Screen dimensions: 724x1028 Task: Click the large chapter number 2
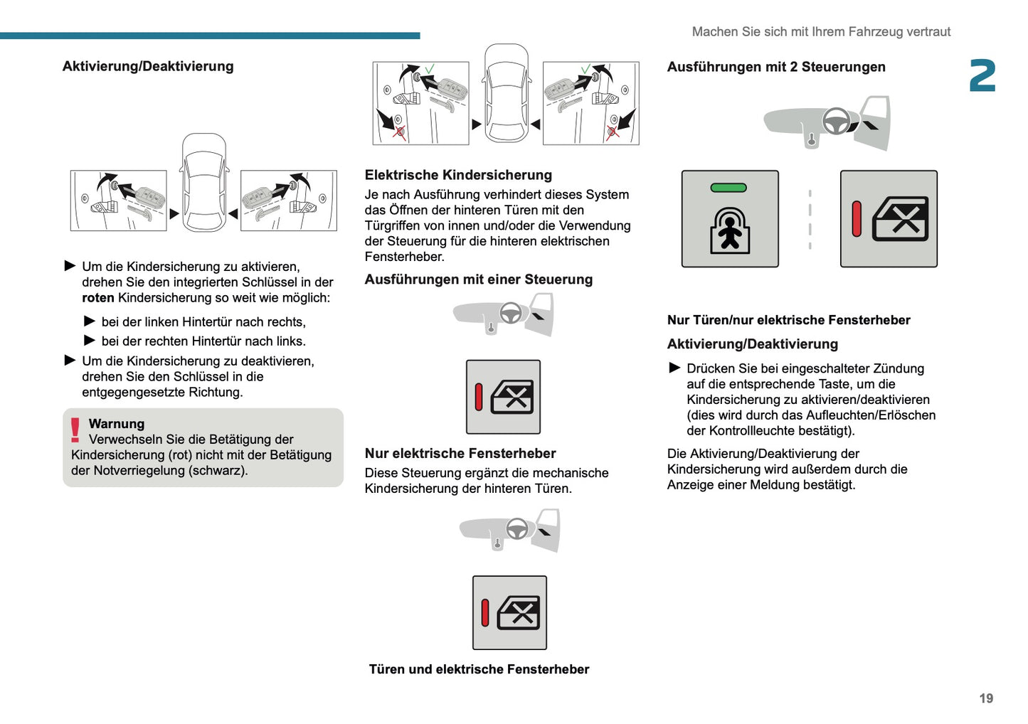[x=982, y=75]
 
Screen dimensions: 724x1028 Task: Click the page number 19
[x=985, y=698]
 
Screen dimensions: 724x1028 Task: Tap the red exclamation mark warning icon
[x=75, y=430]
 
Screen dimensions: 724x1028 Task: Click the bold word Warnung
[x=116, y=424]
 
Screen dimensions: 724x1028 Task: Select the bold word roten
[x=97, y=298]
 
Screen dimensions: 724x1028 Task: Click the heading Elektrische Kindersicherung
[x=457, y=175]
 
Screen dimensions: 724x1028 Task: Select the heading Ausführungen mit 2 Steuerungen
[x=775, y=67]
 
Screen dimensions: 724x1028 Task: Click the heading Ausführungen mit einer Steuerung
[x=478, y=280]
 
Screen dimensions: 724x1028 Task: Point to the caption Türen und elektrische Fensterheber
[x=479, y=669]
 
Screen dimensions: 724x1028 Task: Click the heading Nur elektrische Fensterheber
[x=460, y=453]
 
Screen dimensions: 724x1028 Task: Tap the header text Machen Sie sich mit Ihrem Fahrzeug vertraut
[x=820, y=32]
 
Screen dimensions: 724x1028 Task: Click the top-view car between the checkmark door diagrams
[x=507, y=94]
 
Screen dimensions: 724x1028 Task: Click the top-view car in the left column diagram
[x=204, y=183]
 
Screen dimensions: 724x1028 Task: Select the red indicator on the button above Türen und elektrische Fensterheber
[x=485, y=613]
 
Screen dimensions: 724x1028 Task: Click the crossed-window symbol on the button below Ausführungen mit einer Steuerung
[x=512, y=397]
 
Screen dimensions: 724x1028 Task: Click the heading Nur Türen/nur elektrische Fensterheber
[x=788, y=320]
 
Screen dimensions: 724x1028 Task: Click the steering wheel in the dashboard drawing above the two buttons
[x=836, y=121]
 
